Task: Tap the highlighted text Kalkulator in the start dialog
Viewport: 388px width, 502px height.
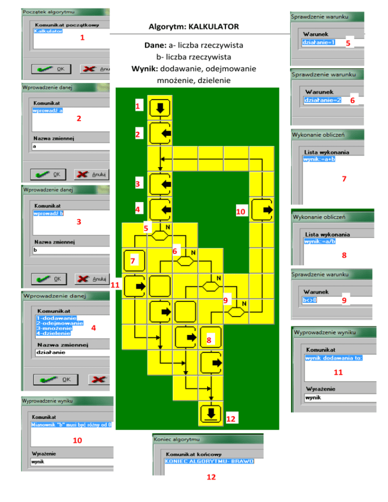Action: tap(48, 31)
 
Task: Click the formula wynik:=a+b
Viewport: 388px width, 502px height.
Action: tap(319, 159)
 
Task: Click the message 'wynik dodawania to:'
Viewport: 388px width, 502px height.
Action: tap(334, 358)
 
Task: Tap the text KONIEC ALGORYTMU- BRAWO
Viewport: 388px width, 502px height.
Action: tap(209, 461)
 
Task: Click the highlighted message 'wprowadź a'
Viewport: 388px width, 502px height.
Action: tap(47, 111)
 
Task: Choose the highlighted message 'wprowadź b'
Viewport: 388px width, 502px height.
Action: tap(47, 214)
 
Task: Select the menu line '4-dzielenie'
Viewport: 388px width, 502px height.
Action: tap(53, 333)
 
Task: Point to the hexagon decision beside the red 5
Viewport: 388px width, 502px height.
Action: tap(160, 235)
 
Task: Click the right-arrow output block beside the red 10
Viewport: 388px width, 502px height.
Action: tap(262, 210)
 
